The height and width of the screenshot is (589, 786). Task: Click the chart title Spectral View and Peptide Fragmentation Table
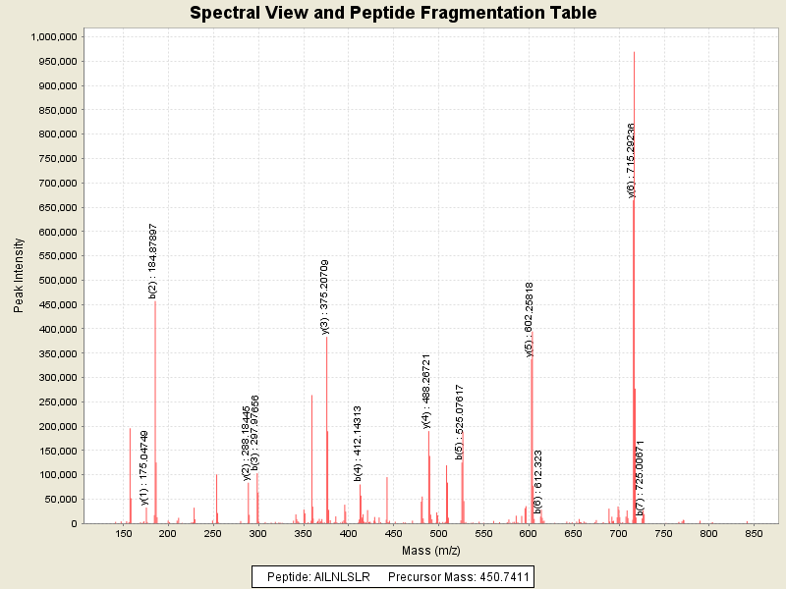click(x=393, y=13)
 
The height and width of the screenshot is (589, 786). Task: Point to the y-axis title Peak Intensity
click(x=18, y=280)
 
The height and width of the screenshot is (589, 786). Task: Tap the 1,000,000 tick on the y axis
click(x=54, y=36)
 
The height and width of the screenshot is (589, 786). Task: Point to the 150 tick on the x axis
click(x=124, y=534)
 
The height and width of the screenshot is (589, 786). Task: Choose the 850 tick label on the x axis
click(x=754, y=534)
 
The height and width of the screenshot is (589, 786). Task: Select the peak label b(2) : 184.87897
click(x=152, y=261)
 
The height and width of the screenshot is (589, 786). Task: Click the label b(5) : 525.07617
click(x=459, y=422)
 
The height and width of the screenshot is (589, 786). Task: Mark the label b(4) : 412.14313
click(x=359, y=443)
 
